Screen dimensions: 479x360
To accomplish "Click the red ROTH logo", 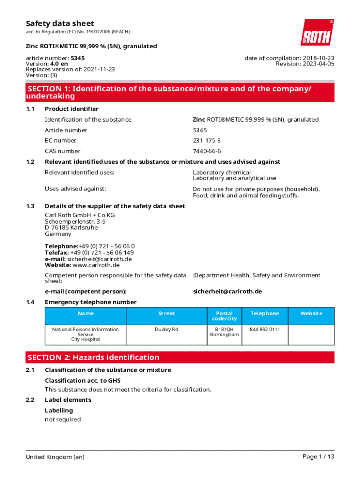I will (317, 32).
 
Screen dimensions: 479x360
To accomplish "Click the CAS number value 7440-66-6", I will (207, 151).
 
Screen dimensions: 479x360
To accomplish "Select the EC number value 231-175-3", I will (207, 140).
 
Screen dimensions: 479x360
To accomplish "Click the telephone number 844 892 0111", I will (265, 329).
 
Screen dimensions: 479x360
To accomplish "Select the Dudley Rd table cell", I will (166, 329).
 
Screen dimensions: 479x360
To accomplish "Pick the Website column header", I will (311, 313).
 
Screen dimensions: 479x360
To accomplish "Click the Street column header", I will (166, 313).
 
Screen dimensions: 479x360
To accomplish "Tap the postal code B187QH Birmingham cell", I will (224, 332).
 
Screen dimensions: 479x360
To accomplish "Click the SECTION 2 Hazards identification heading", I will (94, 357).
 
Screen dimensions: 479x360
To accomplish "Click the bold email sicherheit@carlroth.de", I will (227, 291).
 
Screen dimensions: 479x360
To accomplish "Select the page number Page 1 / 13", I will (318, 457).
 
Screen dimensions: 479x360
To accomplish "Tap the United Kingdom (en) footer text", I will (55, 457).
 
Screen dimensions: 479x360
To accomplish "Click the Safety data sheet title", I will (60, 23).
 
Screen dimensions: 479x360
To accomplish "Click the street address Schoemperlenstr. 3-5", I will (75, 221).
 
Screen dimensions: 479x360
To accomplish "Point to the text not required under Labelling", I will (63, 420).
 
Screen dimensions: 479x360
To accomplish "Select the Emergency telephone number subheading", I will (91, 302).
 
